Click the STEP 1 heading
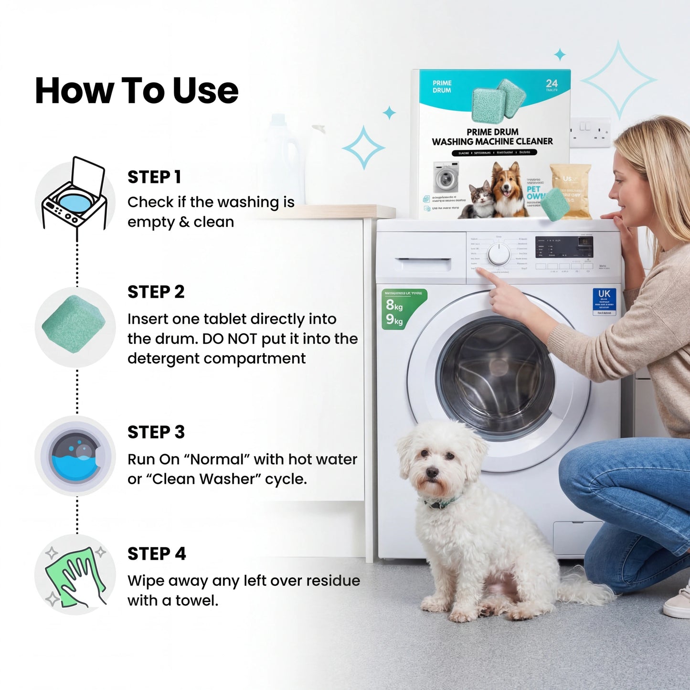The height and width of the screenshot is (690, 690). click(x=154, y=177)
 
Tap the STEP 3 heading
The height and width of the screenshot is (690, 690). click(x=156, y=432)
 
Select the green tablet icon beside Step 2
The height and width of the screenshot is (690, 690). click(x=74, y=325)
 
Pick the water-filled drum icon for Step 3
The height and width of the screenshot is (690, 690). click(x=75, y=456)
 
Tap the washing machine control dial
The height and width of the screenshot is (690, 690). click(x=499, y=254)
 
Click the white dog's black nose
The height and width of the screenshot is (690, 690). click(x=432, y=473)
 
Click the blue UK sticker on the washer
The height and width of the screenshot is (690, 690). click(x=604, y=301)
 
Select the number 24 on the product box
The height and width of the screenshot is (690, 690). click(x=552, y=84)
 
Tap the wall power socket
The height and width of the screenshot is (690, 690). click(x=590, y=132)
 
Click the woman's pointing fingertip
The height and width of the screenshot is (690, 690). click(x=479, y=271)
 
